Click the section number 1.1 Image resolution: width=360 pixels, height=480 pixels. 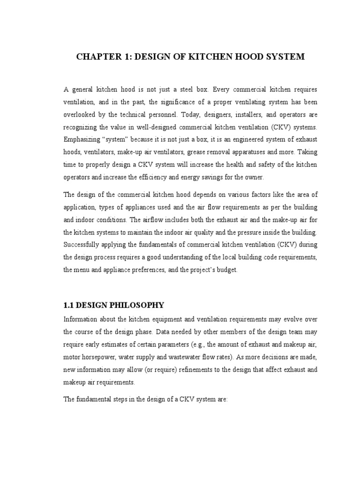click(x=68, y=305)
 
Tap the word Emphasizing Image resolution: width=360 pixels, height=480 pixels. click(x=81, y=140)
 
